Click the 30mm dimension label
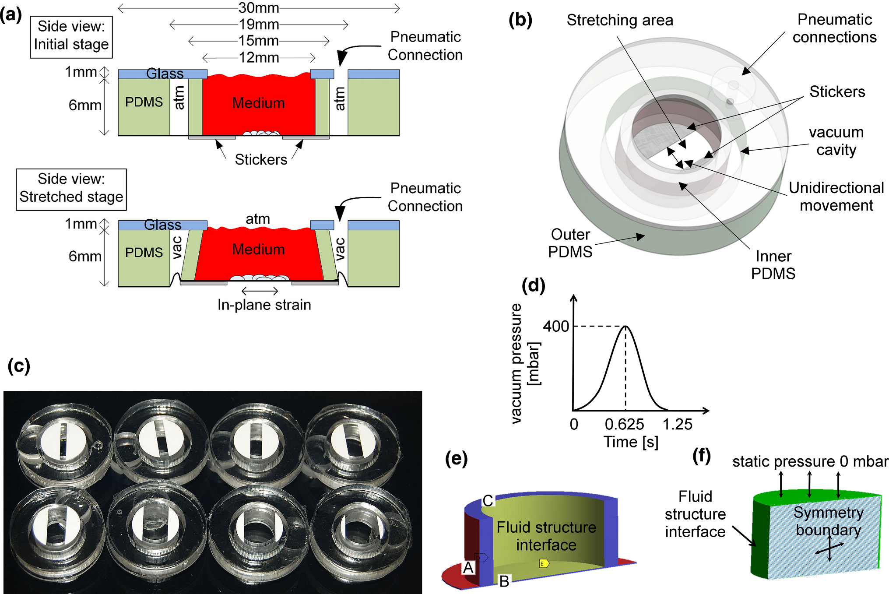258,8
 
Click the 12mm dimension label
258,57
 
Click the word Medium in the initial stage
258,103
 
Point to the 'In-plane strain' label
264,305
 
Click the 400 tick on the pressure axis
555,326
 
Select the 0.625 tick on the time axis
624,424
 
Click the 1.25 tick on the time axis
677,424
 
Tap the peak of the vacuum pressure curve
625,326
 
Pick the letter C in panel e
488,500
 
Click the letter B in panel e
504,581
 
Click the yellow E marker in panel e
544,563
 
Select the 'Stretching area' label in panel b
619,20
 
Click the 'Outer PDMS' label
570,243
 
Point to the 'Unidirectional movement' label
836,196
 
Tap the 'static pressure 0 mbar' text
810,461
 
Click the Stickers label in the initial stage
261,159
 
